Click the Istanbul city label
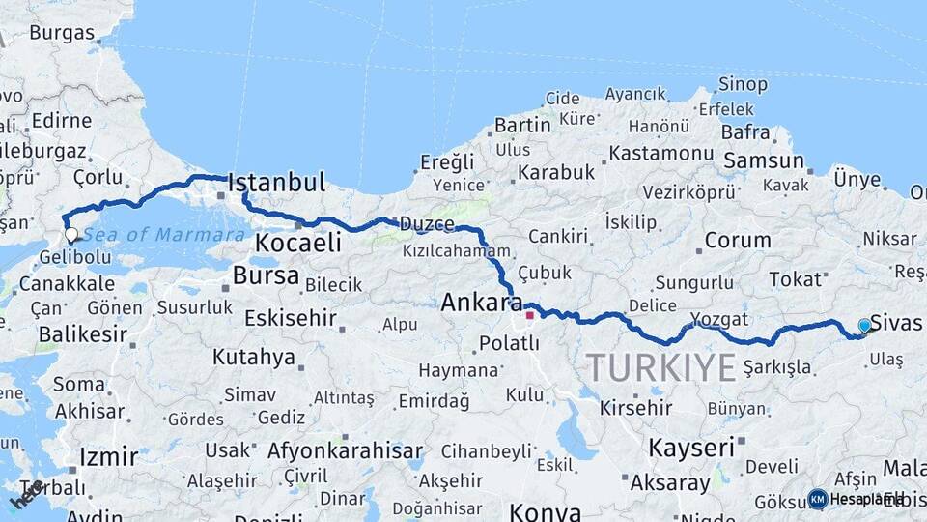point(277,183)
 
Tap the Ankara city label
point(481,302)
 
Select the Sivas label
point(896,323)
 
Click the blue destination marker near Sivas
point(864,327)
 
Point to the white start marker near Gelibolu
point(70,234)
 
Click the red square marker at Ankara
point(529,315)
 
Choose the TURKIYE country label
point(661,367)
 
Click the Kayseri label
point(690,448)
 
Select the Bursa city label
point(266,275)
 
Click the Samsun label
point(764,160)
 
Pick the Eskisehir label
point(290,317)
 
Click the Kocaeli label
point(298,242)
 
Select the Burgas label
point(62,32)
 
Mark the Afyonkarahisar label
point(345,450)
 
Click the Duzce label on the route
point(426,224)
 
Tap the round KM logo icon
point(818,499)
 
